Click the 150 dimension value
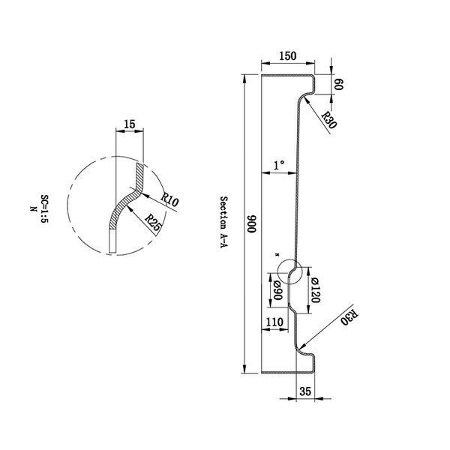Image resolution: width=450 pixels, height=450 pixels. coord(287,56)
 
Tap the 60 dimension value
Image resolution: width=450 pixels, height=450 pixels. coord(339,84)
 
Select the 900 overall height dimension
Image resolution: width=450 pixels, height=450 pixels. coord(251,223)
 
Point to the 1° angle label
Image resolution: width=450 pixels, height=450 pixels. coord(278,165)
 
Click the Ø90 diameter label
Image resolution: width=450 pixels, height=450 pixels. coord(277,290)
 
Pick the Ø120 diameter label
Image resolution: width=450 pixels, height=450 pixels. coord(315,289)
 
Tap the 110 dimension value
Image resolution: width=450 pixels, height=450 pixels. coord(274,322)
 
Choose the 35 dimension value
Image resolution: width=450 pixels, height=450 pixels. coord(305,391)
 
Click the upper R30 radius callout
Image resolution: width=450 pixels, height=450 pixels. coord(329,120)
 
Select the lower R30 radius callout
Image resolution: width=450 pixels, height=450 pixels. coord(349,318)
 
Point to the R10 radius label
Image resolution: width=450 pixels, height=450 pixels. coord(169,199)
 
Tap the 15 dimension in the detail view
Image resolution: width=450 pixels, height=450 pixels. coord(130,124)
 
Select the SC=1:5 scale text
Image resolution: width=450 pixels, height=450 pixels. coord(44,209)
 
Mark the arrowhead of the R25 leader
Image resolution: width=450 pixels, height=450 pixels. coord(129,208)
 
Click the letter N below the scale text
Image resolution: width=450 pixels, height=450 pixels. coord(34,209)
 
